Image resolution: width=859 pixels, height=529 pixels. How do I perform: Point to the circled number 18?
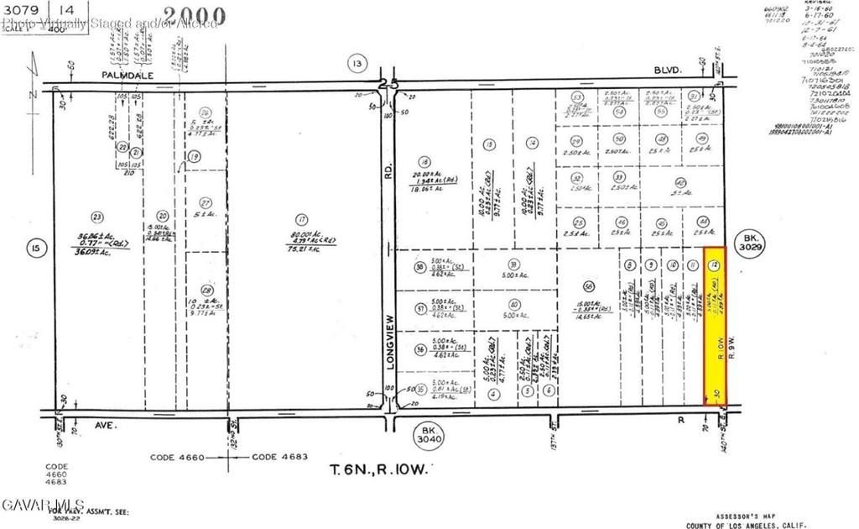(x=424, y=161)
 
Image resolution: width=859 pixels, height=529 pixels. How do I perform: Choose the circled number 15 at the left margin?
(x=34, y=248)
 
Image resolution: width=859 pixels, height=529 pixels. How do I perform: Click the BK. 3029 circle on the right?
(x=750, y=246)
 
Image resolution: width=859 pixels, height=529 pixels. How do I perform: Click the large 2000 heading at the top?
(x=194, y=14)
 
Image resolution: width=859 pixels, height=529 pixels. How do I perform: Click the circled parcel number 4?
(x=495, y=392)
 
